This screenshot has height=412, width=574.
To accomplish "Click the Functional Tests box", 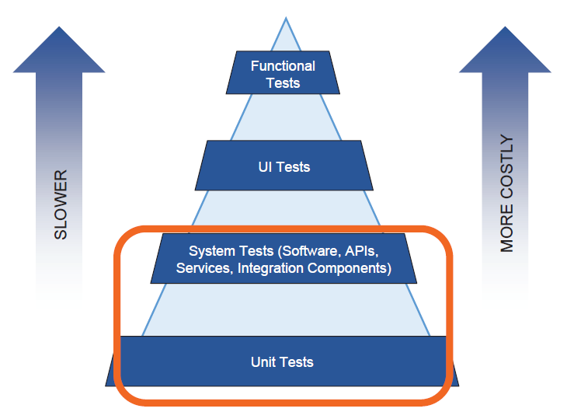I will (x=283, y=72).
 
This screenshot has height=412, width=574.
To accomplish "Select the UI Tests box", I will (x=284, y=166).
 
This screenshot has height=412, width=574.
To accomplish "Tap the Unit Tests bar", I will (x=283, y=361).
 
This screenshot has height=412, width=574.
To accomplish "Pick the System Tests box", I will (x=284, y=259).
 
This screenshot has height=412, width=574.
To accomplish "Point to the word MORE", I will (x=507, y=229).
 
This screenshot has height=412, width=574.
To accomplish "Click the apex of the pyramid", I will (x=285, y=19).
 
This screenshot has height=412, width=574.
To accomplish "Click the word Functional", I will (x=283, y=66).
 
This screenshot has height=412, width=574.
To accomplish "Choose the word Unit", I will (x=264, y=361).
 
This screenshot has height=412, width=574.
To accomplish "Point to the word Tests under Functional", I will (x=283, y=82).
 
